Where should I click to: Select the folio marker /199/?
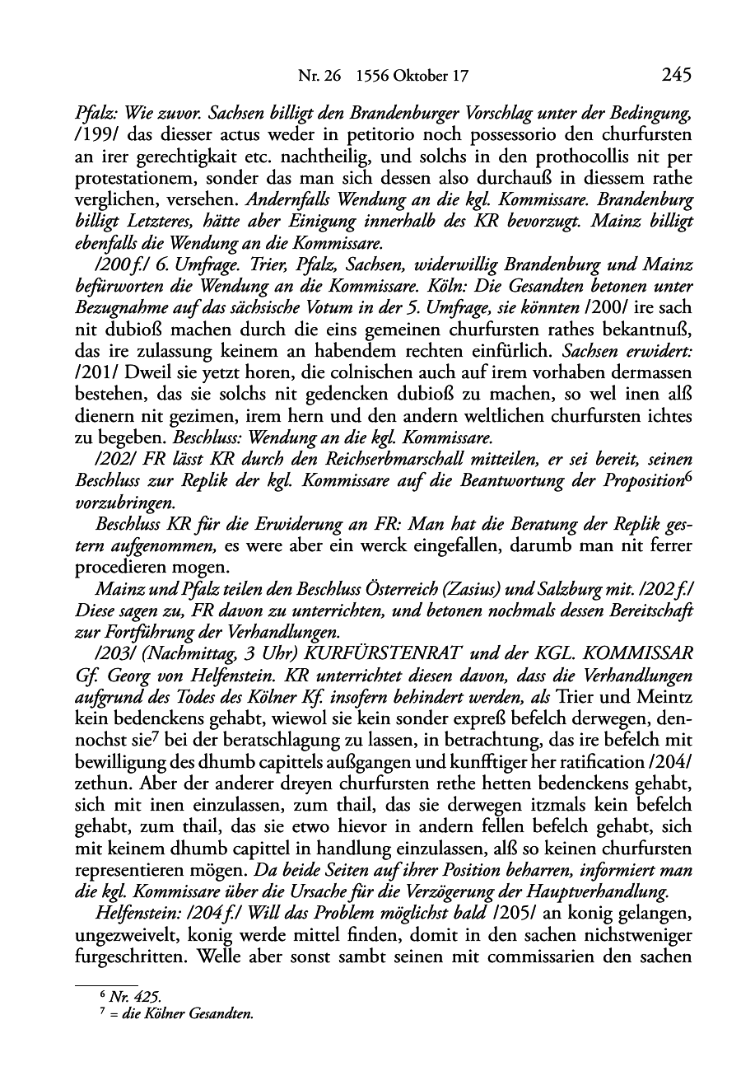pyautogui.click(x=94, y=133)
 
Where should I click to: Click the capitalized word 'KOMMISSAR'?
pyautogui.click(x=640, y=652)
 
